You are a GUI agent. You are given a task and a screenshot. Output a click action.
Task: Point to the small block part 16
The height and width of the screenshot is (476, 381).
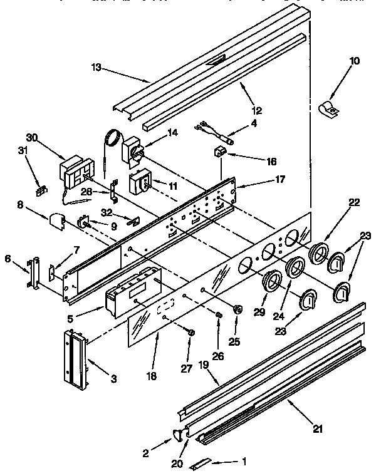pos(219,151)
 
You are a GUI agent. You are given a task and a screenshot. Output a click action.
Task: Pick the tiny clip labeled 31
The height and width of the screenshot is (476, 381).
pos(41,190)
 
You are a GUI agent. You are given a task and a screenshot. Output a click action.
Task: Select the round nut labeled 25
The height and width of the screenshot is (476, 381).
pos(237,311)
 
